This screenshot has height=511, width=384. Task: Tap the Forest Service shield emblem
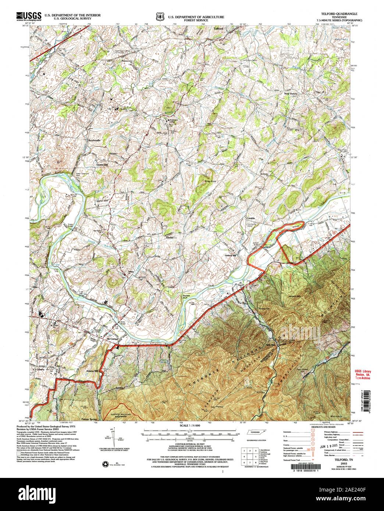pos(159,17)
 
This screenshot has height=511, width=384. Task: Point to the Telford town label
pos(219,28)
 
